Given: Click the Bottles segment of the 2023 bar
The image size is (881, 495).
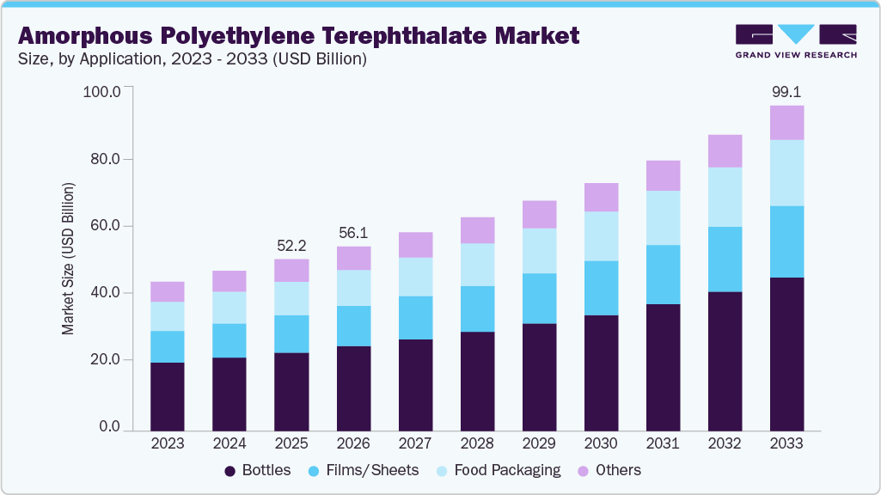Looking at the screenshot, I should tap(168, 396).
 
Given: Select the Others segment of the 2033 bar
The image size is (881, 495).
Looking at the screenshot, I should tap(786, 123).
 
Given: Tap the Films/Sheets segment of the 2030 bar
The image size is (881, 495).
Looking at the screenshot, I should tap(601, 288).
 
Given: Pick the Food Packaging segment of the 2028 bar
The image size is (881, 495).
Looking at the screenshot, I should tap(477, 265).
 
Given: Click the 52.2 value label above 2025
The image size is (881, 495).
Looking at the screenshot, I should tap(291, 245).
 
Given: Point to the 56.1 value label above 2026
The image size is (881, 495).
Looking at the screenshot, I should tap(353, 233).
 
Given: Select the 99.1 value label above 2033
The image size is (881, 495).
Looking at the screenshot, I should tap(786, 92).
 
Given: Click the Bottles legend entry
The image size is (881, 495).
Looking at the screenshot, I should tap(257, 470).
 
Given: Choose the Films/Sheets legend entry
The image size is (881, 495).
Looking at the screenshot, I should tap(365, 470).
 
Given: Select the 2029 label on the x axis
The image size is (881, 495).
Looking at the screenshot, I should tap(539, 444).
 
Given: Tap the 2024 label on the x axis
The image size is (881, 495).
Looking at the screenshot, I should tap(229, 444).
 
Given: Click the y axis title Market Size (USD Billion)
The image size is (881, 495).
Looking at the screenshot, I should tap(68, 259).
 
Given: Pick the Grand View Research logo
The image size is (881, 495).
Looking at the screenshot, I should tap(795, 40).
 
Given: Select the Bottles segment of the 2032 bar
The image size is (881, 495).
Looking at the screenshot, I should tap(725, 361).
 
